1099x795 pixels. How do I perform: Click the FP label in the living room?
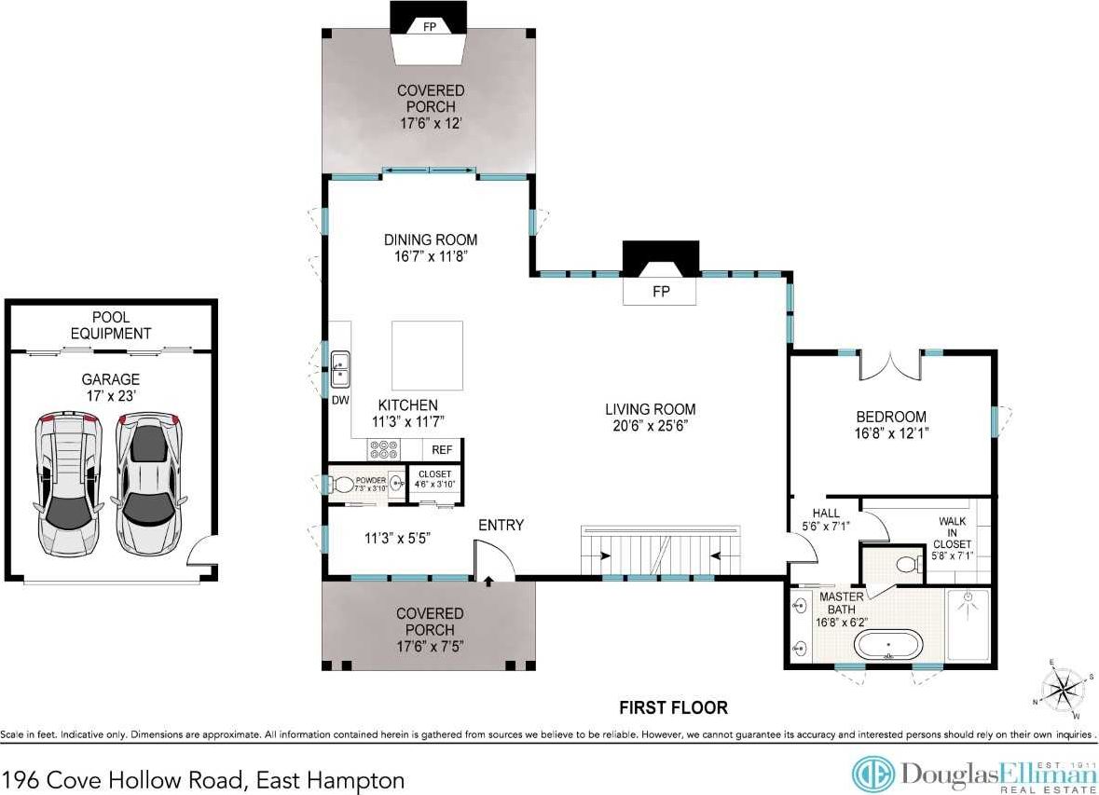pos(661,292)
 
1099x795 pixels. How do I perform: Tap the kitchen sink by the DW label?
pos(340,369)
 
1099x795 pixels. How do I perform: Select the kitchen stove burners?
pos(383,449)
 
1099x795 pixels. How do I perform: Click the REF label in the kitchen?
pos(442,450)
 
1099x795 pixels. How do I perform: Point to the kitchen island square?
pos(427,355)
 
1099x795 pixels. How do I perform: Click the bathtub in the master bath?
pos(887,644)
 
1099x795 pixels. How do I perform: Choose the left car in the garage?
pos(69,484)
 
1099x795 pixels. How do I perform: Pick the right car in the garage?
pos(148,484)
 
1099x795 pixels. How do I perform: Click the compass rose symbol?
pos(1064,689)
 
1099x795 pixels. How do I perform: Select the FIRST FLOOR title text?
pos(674,707)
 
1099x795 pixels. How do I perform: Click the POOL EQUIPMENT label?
pos(111,325)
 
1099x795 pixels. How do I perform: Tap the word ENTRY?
pos(501,525)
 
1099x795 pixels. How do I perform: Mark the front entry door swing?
pos(494,559)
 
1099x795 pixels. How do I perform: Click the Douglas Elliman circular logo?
pos(873,774)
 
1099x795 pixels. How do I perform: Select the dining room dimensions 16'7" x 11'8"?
pos(431,256)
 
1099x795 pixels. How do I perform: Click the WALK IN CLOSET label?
pos(952,532)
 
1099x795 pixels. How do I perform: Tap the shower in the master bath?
pos(968,624)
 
